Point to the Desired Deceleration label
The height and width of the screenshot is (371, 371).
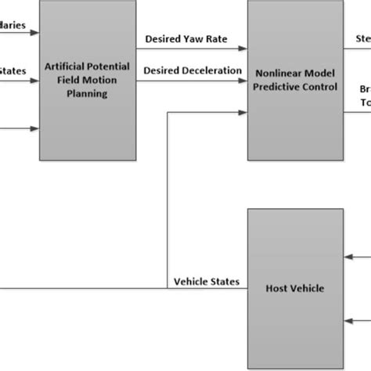tap(193, 70)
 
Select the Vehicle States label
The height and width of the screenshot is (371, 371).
tap(207, 281)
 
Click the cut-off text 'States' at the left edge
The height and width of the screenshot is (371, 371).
tap(13, 70)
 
